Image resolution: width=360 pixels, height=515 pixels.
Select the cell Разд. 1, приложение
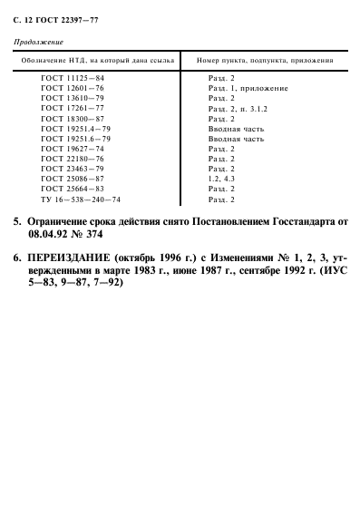tap(248, 89)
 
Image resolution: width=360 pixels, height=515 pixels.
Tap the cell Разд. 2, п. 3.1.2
tap(240, 109)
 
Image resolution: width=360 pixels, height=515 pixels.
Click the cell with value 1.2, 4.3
tap(223, 179)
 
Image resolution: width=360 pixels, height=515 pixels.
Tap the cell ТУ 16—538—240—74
tap(81, 199)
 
